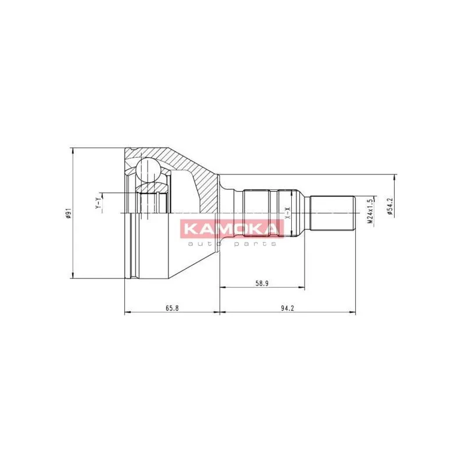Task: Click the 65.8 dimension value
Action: [x=172, y=308]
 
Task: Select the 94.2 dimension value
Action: [x=287, y=308]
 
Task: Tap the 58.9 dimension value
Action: [x=262, y=284]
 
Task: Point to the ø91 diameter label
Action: [x=68, y=213]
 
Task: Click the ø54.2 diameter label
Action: [x=389, y=206]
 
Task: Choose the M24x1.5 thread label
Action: [x=370, y=211]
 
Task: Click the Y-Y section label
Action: [x=98, y=203]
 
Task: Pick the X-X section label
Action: [x=287, y=213]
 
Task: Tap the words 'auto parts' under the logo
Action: [x=231, y=244]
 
